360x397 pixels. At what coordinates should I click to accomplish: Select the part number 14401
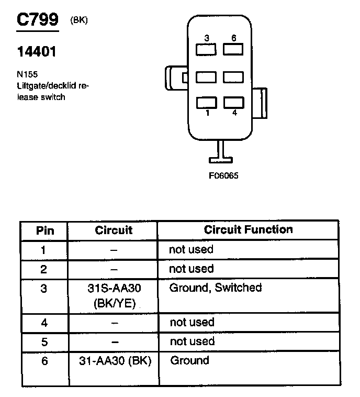37,52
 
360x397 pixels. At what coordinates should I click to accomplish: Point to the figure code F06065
223,176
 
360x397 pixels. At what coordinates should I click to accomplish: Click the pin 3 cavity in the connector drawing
206,50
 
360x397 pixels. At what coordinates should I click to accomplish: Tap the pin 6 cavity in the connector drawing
233,50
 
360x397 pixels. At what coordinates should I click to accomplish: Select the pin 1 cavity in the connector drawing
206,103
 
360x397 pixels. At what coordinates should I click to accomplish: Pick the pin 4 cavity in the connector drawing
233,103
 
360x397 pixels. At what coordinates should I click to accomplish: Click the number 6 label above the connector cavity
233,38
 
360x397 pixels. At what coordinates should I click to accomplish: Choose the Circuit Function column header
248,230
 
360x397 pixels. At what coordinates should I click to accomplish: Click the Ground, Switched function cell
216,288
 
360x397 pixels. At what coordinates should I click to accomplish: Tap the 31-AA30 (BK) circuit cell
113,360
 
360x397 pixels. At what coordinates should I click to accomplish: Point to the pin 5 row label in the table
44,341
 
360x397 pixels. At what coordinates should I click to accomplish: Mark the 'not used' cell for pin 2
191,269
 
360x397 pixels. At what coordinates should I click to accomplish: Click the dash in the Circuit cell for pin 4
113,323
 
